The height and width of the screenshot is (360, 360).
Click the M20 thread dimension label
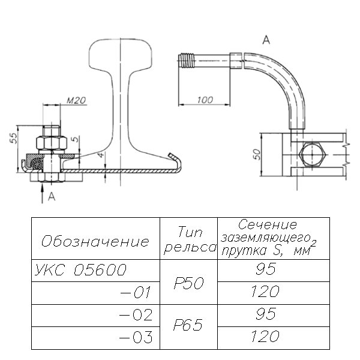[74, 100]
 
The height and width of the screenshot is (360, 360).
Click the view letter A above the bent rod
[266, 41]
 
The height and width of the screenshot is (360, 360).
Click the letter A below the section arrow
[52, 196]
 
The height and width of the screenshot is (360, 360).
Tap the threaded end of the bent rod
[187, 61]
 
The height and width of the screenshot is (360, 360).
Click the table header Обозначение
[94, 242]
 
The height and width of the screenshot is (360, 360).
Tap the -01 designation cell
[138, 293]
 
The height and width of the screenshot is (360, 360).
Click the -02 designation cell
[138, 315]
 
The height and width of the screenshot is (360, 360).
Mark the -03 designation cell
[138, 338]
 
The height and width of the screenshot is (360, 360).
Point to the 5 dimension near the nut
[73, 139]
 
